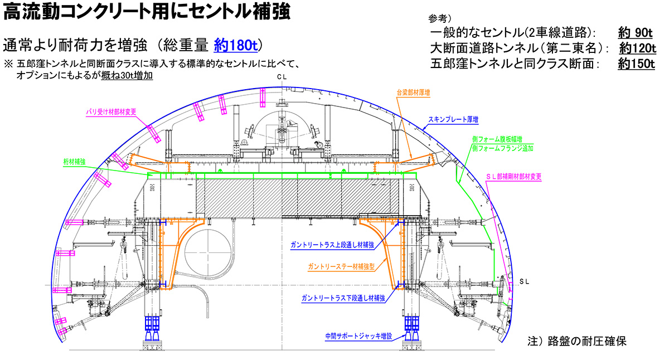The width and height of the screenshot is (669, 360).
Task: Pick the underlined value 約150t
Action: coord(636,64)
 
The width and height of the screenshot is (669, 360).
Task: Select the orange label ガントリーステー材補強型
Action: coord(340,267)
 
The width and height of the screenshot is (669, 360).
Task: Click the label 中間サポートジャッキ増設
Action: coord(359,336)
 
